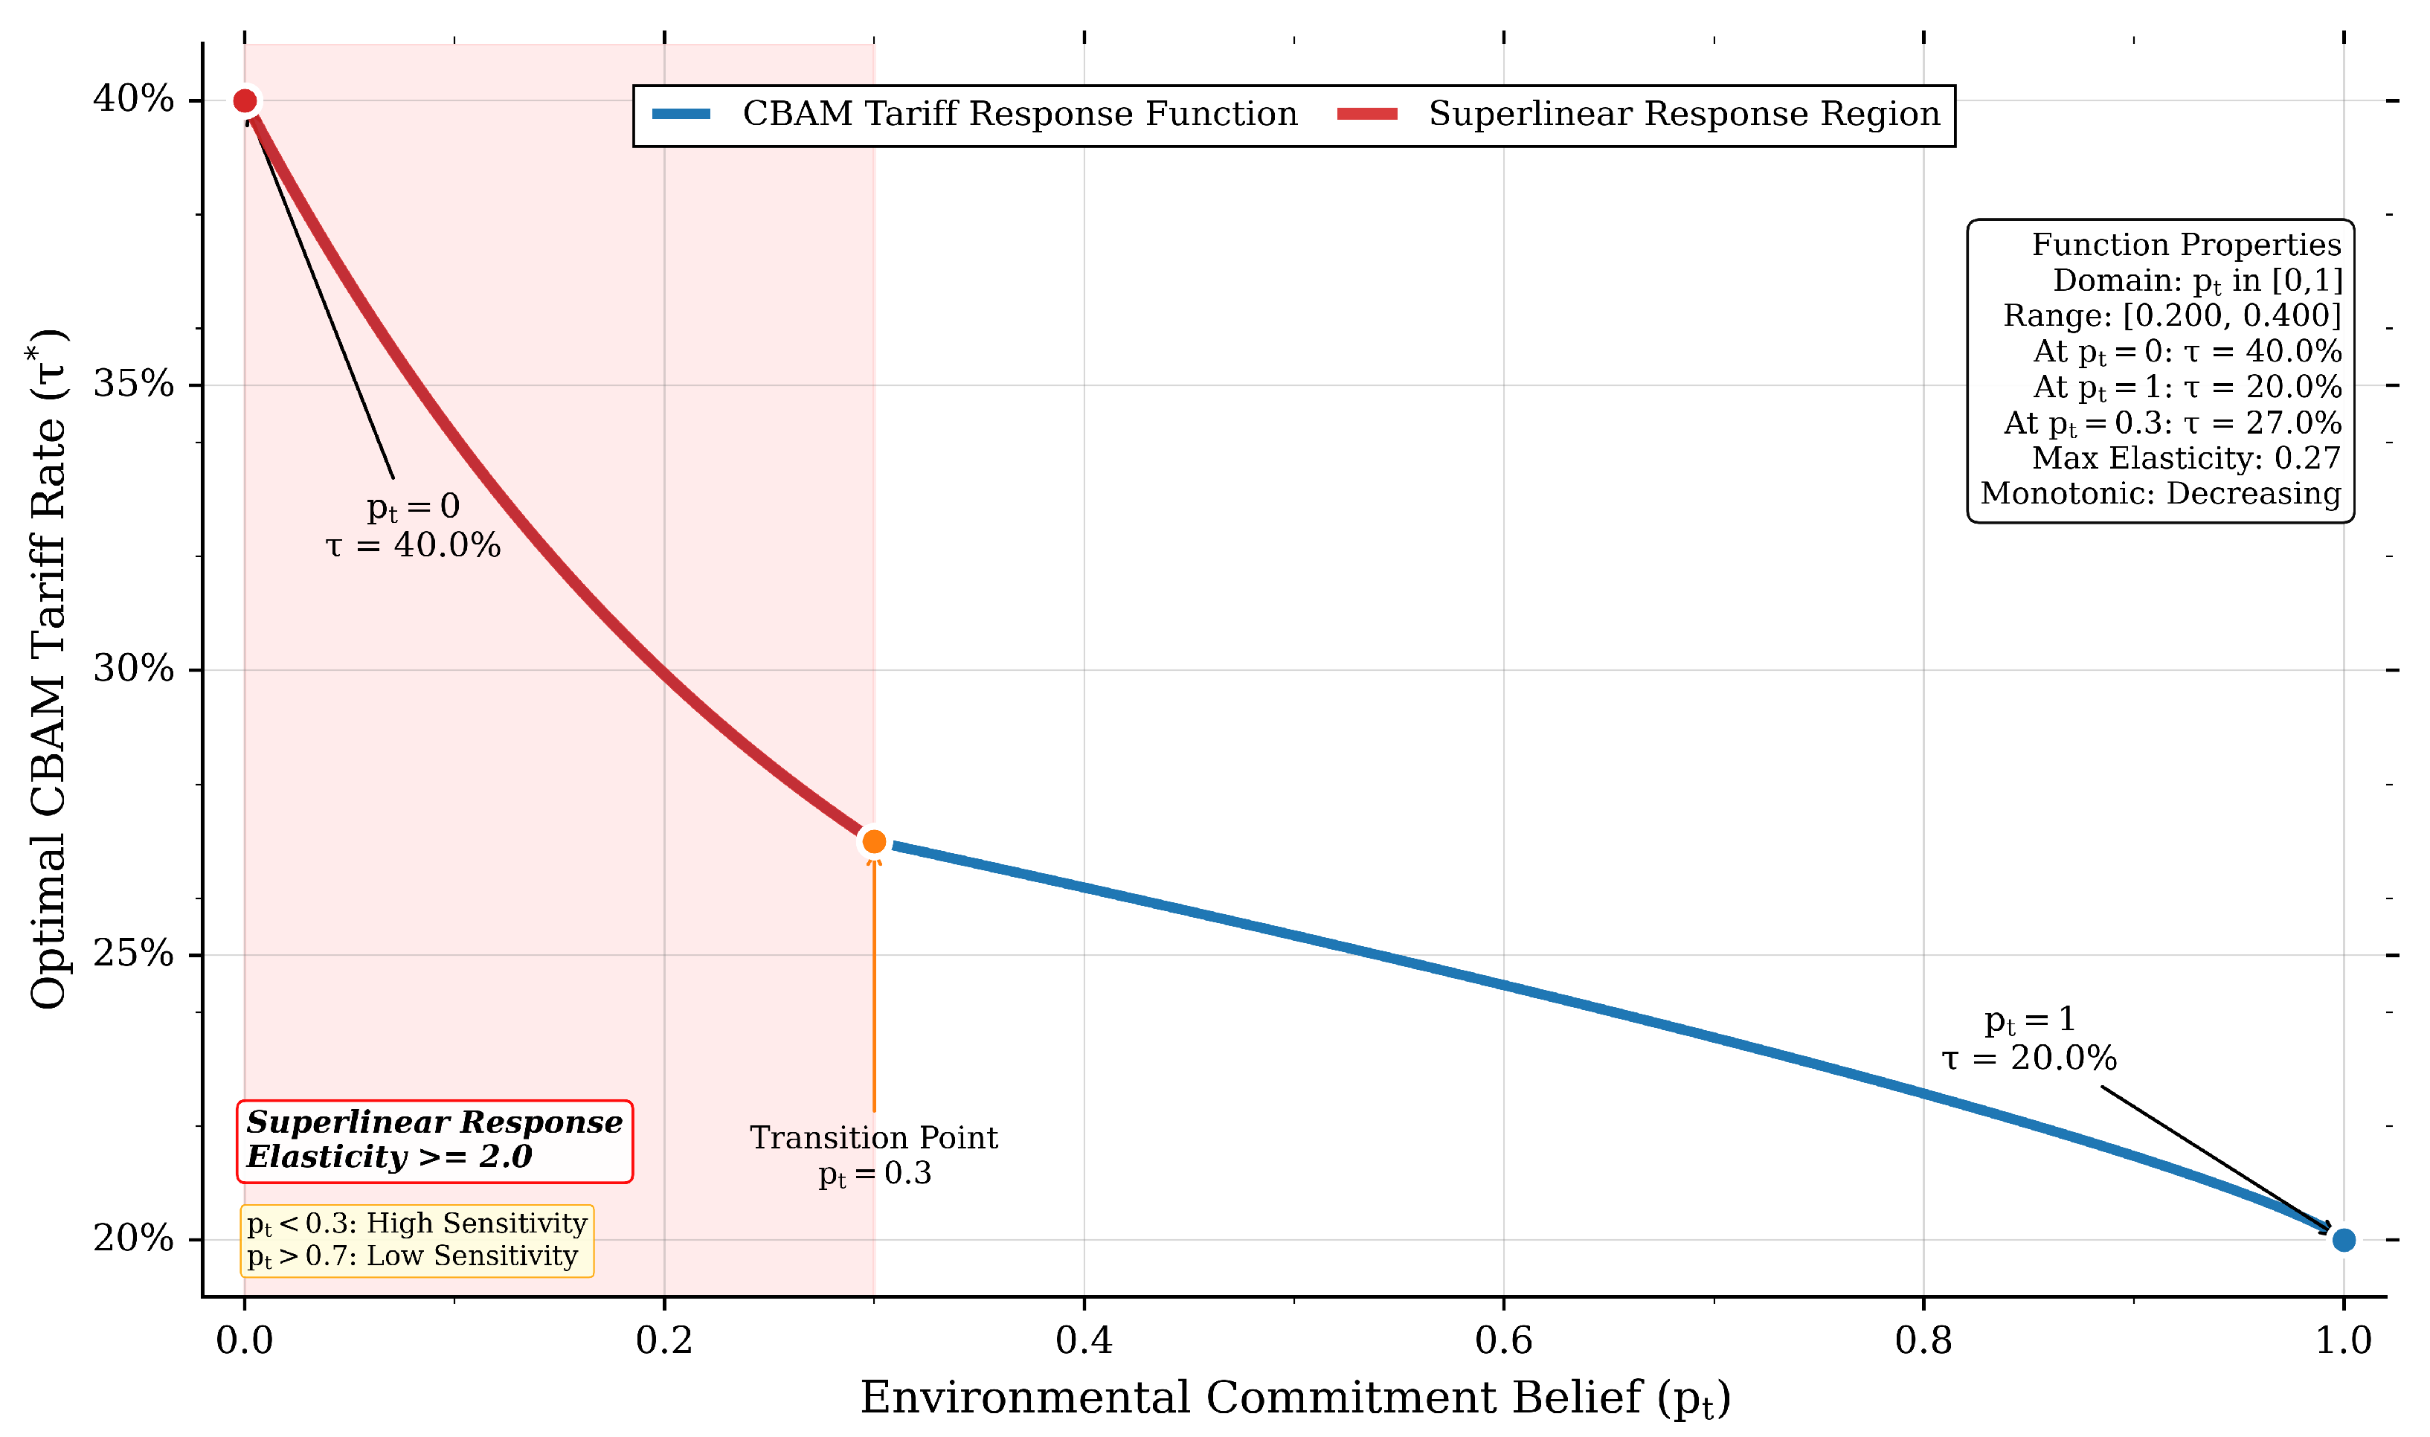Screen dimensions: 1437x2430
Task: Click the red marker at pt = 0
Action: pos(245,100)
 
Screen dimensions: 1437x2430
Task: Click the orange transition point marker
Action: pos(873,841)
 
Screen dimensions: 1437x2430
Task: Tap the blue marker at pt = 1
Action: pos(2343,1239)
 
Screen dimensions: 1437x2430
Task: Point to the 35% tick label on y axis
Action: pos(134,385)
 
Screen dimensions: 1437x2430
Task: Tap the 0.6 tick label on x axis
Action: pos(1503,1341)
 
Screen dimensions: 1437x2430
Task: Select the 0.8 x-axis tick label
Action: pos(1923,1341)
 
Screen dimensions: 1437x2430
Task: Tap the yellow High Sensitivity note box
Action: pos(417,1239)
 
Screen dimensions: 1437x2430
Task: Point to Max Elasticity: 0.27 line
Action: pos(2185,458)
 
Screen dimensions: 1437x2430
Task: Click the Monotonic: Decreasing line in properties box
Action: pos(2160,494)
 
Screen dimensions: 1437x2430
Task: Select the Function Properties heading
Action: pos(2185,245)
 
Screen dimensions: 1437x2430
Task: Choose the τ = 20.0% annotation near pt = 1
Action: pos(2029,1058)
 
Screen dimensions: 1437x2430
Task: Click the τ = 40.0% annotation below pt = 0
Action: pos(414,546)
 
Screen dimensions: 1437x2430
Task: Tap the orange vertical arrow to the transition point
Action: pos(873,988)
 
